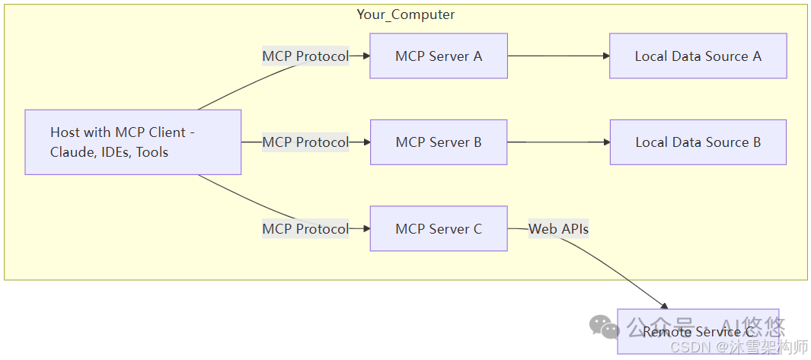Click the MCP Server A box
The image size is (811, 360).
coord(438,56)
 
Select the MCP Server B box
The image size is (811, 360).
coord(438,142)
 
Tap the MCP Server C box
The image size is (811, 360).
coord(438,228)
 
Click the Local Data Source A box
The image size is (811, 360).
coord(698,56)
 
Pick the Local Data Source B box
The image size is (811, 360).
coord(698,142)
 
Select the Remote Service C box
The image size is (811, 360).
coord(698,331)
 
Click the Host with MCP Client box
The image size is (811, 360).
coord(133,142)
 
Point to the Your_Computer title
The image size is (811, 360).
coord(405,14)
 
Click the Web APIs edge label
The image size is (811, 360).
coord(558,228)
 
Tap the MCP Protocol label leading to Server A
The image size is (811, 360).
coord(305,56)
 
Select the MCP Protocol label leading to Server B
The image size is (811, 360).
coord(305,142)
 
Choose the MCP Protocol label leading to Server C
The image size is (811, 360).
coord(305,228)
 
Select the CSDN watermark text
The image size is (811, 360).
coord(688,348)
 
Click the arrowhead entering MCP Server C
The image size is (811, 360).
coord(365,228)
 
